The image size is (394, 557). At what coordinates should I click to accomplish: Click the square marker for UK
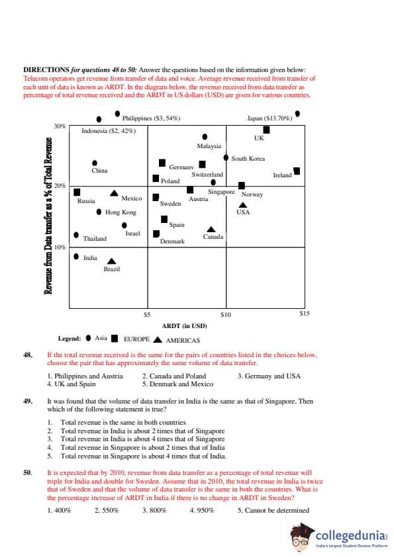point(266,130)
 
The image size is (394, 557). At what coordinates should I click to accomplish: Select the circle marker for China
point(95,163)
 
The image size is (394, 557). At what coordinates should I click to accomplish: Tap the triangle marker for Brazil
point(112,261)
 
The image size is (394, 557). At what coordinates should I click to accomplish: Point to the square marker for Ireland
point(297,171)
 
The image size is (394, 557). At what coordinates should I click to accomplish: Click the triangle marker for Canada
point(211,230)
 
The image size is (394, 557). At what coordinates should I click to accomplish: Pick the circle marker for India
point(76,257)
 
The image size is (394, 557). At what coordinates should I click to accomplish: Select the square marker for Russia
point(77,193)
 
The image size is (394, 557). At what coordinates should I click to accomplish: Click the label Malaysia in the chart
point(209,146)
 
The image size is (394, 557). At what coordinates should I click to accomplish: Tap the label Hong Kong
point(121,212)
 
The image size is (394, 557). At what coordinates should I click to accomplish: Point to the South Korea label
point(248,159)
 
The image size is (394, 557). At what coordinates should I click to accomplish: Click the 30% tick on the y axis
point(60,126)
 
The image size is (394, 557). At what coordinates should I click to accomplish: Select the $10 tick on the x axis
point(226,314)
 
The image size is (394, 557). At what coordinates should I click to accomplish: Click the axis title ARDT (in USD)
point(184,325)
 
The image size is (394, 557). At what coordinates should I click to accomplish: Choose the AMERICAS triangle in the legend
point(158,339)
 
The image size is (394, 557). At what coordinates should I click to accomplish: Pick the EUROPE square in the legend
point(115,339)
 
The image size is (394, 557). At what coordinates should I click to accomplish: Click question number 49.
point(28,401)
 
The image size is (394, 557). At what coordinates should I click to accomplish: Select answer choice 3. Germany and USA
point(270,376)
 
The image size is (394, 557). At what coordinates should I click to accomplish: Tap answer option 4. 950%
point(202,511)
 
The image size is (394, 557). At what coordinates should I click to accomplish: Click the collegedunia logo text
point(350,536)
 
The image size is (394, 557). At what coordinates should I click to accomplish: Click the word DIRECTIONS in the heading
point(46,69)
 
